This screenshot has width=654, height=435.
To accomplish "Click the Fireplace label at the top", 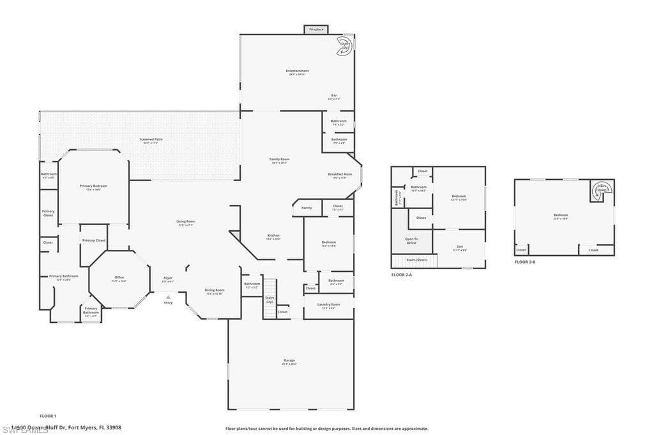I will coord(316,29).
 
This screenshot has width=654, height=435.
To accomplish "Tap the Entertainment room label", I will coord(298,71).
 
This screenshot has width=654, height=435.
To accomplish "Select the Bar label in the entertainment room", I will coord(333,96).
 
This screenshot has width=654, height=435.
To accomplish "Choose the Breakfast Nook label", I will coord(340,174).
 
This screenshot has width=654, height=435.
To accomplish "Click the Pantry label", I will coord(307,207).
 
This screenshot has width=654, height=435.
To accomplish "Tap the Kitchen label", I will coord(273,235).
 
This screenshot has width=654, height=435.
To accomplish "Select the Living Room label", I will coord(186,222).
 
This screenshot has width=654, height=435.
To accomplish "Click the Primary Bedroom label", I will coord(93,186).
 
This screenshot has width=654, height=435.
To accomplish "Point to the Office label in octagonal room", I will coord(119,277).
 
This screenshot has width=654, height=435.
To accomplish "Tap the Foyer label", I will coord(168,278).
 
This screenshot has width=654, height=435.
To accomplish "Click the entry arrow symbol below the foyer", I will coord(168,297).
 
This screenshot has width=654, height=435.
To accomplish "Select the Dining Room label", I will coord(214,290).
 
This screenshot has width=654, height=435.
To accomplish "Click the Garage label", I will coord(289,360).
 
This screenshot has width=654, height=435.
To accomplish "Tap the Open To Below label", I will coord(411,240).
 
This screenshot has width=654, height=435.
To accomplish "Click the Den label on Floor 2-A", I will coord(459,247).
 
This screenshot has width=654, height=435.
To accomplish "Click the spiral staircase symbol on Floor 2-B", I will coord(601,189).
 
